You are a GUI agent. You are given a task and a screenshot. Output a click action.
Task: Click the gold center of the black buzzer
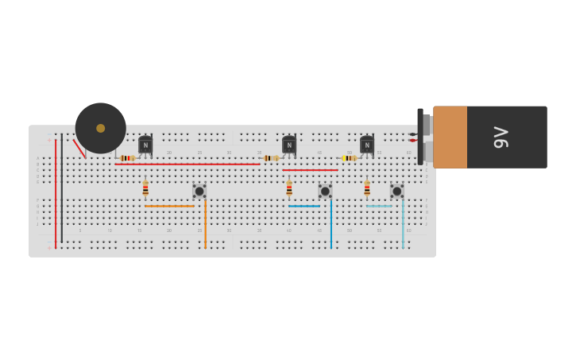tap(101, 128)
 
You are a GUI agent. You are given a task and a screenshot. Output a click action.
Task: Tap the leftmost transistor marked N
tap(145, 145)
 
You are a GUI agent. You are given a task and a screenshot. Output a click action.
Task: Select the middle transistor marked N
tap(289, 145)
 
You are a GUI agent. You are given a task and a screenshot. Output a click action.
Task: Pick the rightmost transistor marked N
tap(367, 145)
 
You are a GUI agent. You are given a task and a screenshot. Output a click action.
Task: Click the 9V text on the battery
tap(501, 137)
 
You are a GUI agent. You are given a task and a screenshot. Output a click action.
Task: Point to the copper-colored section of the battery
tap(450, 137)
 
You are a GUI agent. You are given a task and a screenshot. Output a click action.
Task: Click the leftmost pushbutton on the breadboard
tap(199, 191)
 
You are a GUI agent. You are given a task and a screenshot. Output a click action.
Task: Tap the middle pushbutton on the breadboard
tap(325, 191)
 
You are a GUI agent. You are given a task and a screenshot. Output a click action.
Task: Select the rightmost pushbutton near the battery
tap(396, 191)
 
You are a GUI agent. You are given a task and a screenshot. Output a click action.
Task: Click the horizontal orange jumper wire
tap(169, 206)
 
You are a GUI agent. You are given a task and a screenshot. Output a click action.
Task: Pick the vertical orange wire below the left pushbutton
tap(205, 226)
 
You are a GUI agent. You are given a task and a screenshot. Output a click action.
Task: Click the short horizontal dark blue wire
tap(304, 206)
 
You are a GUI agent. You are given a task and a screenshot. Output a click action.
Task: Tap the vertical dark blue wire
tap(331, 226)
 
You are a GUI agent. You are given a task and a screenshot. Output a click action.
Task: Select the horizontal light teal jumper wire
tap(379, 206)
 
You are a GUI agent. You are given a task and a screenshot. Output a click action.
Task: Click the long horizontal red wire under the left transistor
tap(191, 165)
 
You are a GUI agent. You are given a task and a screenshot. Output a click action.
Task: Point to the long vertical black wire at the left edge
tap(62, 191)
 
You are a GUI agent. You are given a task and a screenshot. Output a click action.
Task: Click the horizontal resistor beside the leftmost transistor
tap(127, 158)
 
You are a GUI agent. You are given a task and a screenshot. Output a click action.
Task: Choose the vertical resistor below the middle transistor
tap(289, 188)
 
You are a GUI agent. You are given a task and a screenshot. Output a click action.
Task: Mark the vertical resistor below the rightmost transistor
tap(367, 188)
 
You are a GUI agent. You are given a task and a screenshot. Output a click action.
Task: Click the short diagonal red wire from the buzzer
tap(79, 149)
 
